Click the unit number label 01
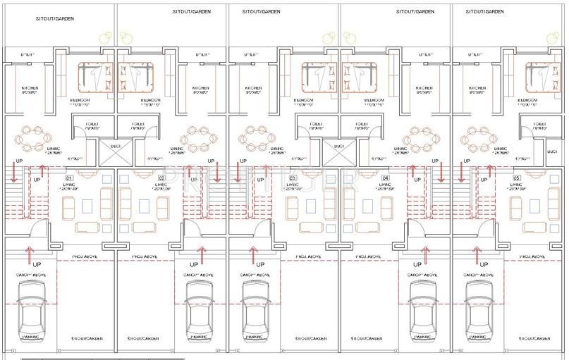(69, 178)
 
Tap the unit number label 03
(293, 178)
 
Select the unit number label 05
(516, 178)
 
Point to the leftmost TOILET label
(92, 125)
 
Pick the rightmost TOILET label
(540, 125)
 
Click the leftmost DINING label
(54, 150)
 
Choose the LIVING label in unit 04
(385, 187)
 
